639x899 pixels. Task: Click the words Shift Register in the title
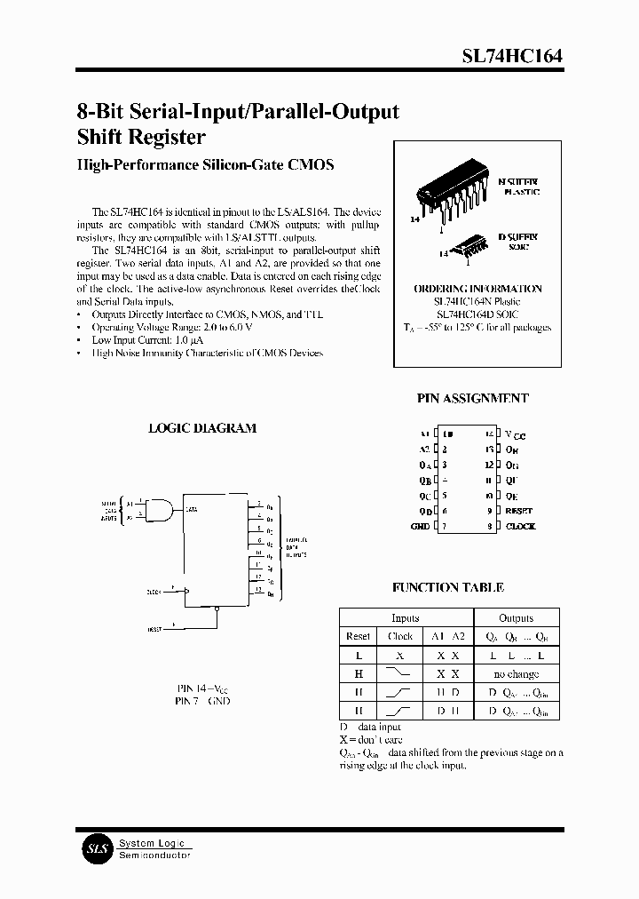[x=141, y=137]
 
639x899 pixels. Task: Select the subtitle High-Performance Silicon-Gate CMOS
[x=205, y=165]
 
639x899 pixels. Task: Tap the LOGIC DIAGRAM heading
[x=201, y=427]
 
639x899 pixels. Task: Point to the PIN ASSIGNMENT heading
[x=473, y=399]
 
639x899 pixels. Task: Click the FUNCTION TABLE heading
[x=448, y=587]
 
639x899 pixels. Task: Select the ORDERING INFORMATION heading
[x=477, y=289]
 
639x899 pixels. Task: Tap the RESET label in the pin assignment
[x=519, y=511]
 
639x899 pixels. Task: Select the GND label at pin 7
[x=420, y=526]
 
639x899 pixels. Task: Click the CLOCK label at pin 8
[x=521, y=526]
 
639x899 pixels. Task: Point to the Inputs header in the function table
[x=406, y=618]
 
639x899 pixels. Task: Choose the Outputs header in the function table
[x=516, y=618]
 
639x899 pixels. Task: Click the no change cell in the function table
[x=516, y=674]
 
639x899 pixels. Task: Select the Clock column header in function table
[x=400, y=637]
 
